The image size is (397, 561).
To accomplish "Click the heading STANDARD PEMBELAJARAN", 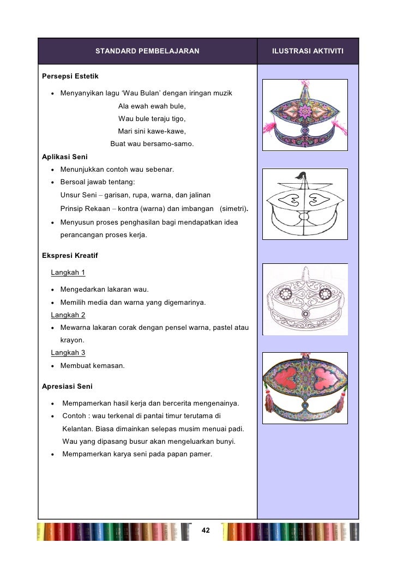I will [x=147, y=51].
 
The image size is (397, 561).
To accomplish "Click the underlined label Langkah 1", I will [x=68, y=272].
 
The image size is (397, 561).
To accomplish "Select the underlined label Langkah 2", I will [x=68, y=315].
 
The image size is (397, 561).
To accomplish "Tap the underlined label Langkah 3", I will [x=68, y=353].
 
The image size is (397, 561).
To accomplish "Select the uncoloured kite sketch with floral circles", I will [x=305, y=299].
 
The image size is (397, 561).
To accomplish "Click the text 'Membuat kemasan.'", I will [x=92, y=365].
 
